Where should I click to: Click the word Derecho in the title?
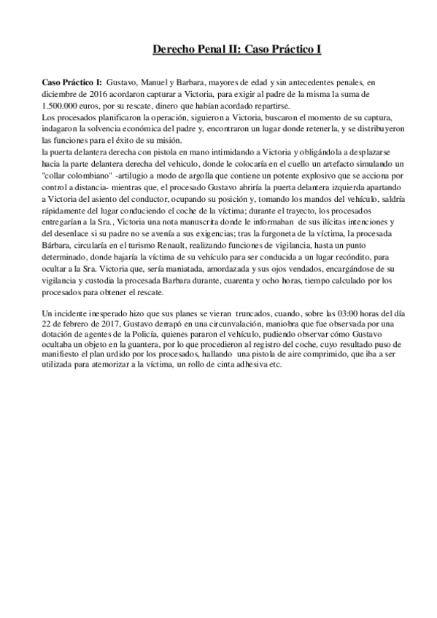click(174, 50)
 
